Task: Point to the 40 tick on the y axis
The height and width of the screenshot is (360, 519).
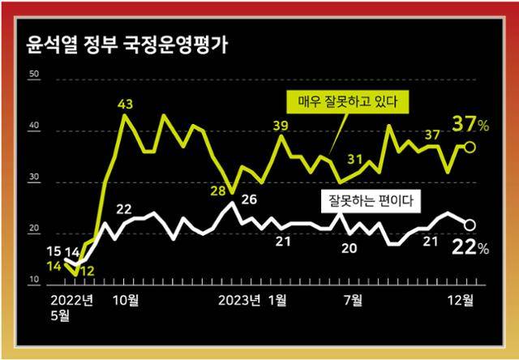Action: [x=34, y=126]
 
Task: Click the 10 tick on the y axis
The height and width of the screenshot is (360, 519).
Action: [x=34, y=281]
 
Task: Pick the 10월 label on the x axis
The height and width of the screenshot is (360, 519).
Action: [x=126, y=301]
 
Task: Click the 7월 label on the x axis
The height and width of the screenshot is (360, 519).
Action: [x=354, y=301]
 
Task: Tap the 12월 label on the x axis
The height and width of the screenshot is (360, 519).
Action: [x=463, y=301]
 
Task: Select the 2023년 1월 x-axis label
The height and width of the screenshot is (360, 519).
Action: [x=253, y=301]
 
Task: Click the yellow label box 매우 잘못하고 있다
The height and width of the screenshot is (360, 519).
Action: [x=347, y=102]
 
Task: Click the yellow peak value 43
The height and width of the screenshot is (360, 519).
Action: [x=126, y=104]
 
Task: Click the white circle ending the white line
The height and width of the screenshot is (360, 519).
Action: [x=469, y=225]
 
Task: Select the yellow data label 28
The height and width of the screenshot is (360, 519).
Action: [x=218, y=191]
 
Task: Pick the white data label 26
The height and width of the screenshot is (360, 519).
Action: [x=249, y=199]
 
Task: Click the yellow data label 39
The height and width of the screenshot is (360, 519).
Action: [x=281, y=125]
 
